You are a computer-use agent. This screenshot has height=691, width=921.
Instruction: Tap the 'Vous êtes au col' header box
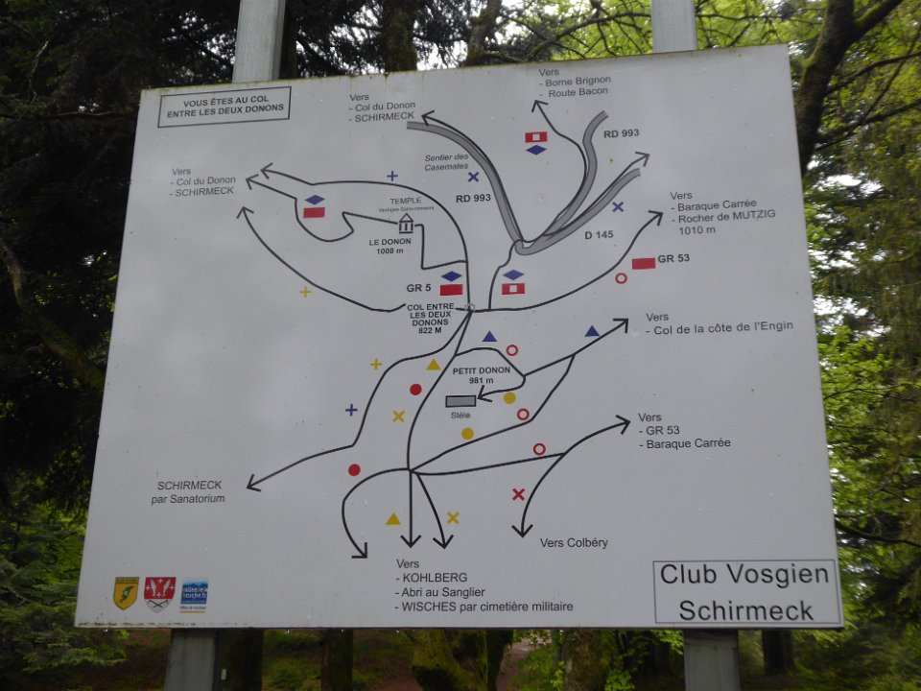(x=224, y=106)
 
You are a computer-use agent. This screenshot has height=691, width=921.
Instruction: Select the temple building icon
(x=406, y=224)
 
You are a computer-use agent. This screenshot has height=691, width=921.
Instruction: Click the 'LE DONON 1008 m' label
(x=390, y=246)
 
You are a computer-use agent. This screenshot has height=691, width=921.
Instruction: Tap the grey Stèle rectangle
(x=460, y=401)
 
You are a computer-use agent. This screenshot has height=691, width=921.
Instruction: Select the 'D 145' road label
(x=601, y=234)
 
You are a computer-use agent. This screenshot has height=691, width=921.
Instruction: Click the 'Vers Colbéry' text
(x=574, y=542)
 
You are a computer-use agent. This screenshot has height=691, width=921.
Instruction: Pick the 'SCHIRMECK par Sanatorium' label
(x=190, y=491)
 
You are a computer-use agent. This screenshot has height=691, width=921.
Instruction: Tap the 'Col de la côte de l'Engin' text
(x=722, y=327)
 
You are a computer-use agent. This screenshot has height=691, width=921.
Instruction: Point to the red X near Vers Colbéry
(x=518, y=494)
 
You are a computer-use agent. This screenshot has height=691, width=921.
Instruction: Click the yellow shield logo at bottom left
(x=126, y=592)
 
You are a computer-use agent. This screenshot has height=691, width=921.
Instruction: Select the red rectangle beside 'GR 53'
(x=644, y=263)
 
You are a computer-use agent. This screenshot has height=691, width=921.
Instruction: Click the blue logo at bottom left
(x=194, y=592)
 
